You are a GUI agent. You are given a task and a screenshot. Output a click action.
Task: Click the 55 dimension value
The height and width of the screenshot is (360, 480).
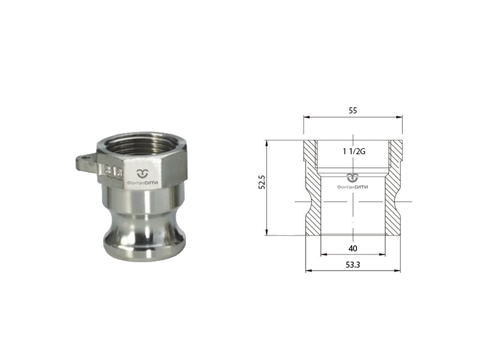[x=353, y=110]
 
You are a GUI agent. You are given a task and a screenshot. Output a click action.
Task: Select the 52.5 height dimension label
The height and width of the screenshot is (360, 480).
[x=262, y=182]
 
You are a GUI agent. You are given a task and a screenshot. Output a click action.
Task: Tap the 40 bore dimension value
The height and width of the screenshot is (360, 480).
[x=353, y=248]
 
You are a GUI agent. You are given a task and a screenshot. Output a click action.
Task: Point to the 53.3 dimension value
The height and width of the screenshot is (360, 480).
[x=353, y=265]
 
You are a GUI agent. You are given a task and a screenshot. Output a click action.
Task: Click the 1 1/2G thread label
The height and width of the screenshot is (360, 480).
[x=354, y=151]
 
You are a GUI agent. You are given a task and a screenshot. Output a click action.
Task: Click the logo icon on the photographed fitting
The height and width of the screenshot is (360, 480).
[x=142, y=173]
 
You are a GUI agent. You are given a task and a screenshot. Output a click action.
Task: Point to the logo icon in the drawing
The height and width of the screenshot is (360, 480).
[x=353, y=178]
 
